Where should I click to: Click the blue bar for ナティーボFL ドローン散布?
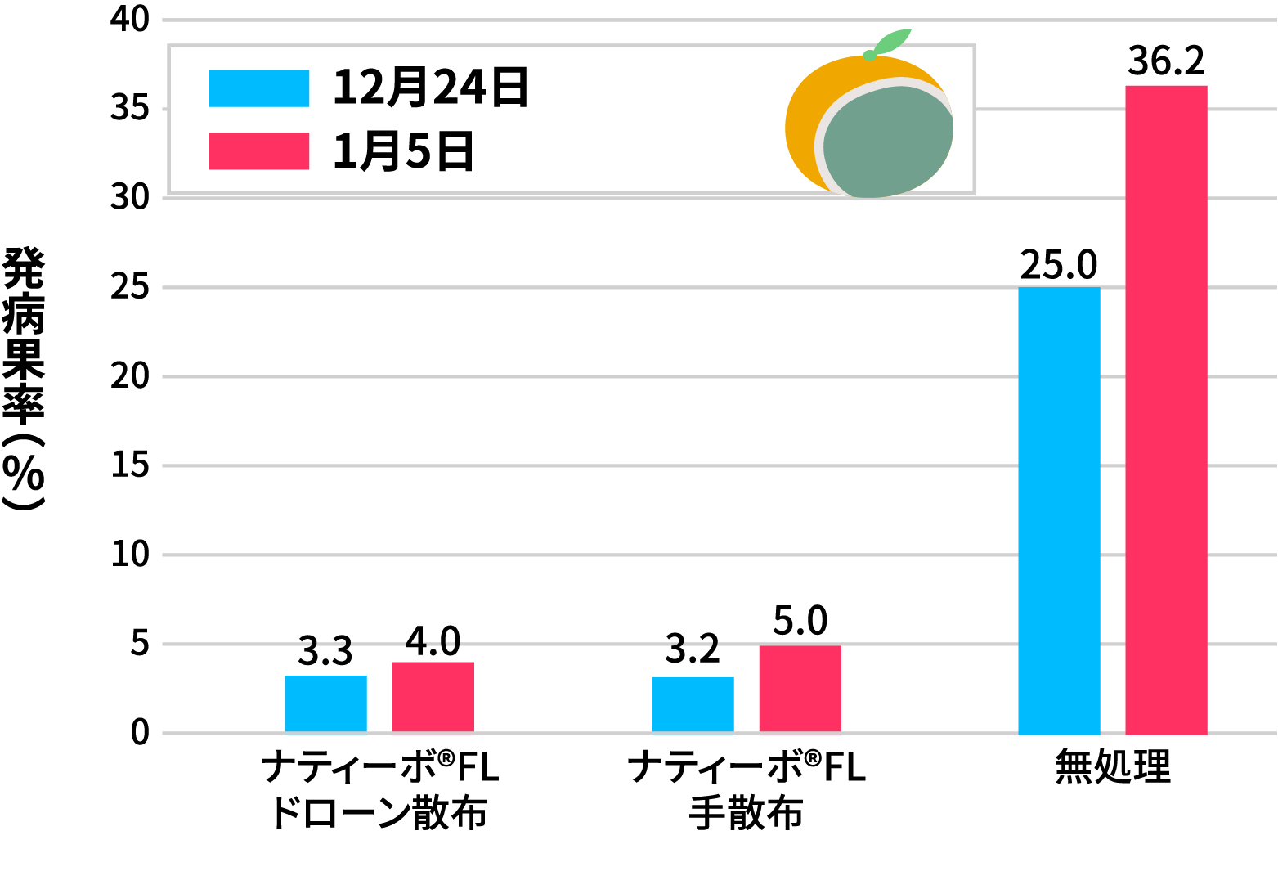[325, 704]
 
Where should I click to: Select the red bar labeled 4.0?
[433, 698]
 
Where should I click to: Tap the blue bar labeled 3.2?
[693, 705]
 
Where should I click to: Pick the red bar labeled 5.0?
[800, 690]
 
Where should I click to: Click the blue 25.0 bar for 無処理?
[1059, 510]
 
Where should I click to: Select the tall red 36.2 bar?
[1166, 409]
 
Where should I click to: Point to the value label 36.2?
[1166, 61]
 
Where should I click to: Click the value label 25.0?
[1059, 265]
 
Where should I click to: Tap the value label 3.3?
[325, 652]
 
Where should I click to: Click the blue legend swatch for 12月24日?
[259, 88]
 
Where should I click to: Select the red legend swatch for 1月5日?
[259, 151]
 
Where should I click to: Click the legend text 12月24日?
[431, 88]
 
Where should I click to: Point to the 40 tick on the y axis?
[131, 20]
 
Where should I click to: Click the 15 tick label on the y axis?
[131, 465]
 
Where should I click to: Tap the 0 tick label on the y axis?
[140, 733]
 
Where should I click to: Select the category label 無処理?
[1113, 767]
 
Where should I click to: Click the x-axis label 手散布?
[746, 813]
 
